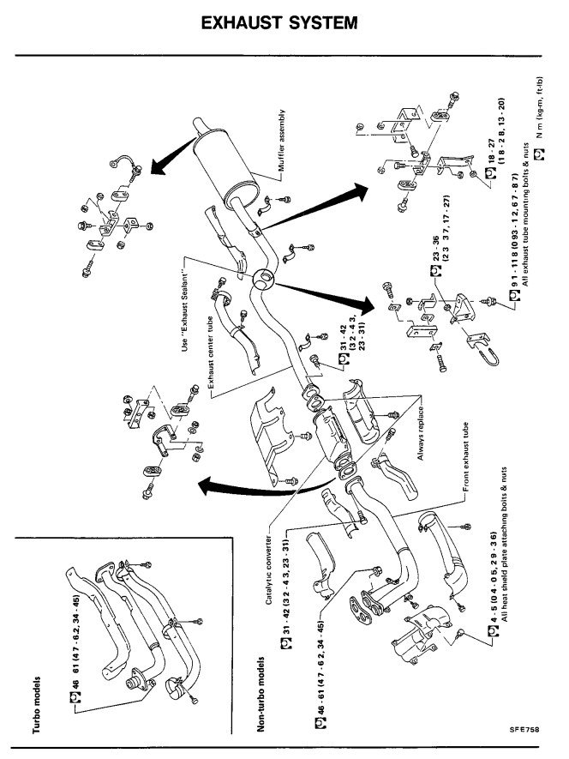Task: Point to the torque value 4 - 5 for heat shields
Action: point(494,572)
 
